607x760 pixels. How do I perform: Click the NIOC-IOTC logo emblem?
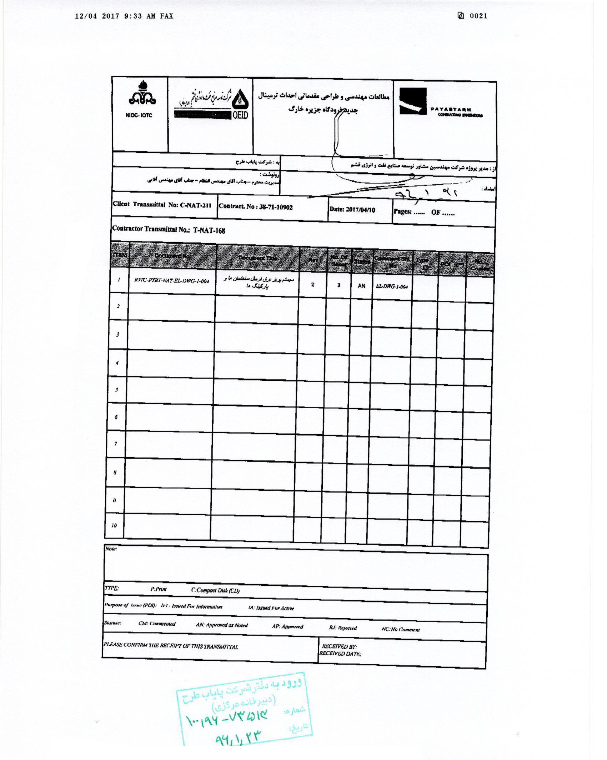tap(142, 94)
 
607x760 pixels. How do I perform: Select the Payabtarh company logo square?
tap(413, 101)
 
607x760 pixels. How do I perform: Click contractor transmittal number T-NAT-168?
tap(209, 230)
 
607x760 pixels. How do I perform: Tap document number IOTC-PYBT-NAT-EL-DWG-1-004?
tap(171, 281)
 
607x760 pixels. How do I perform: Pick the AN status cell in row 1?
tap(361, 286)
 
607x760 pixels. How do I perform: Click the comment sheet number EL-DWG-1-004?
tap(392, 286)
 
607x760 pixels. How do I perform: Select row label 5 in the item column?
tap(116, 390)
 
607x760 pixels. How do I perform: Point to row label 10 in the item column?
tap(114, 525)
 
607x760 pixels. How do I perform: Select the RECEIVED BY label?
tap(339, 646)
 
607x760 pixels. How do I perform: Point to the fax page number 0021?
tap(478, 16)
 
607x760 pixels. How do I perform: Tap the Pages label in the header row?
tap(402, 211)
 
